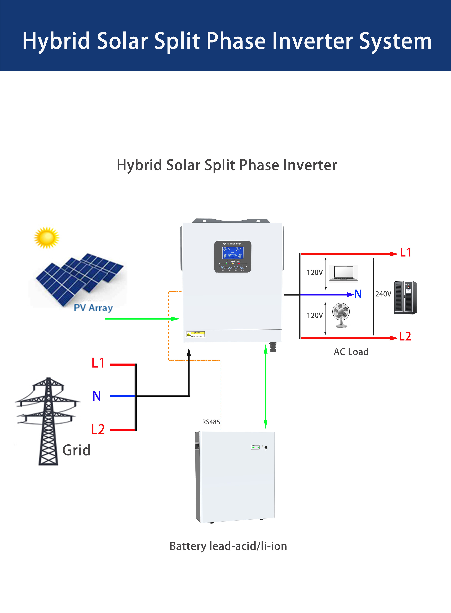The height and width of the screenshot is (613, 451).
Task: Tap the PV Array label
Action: pos(93,308)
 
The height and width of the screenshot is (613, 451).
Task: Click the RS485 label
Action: pos(211,422)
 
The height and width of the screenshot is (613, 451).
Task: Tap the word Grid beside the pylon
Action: pos(76,450)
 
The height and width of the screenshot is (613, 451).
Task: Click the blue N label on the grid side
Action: pos(97,396)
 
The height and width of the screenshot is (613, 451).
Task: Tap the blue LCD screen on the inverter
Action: pos(233,253)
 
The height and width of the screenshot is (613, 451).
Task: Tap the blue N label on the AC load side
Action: pos(358,294)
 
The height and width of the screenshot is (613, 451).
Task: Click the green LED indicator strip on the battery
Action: pos(255,447)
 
